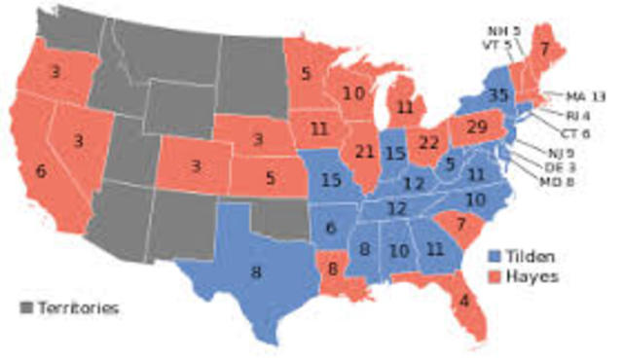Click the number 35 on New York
click(x=499, y=96)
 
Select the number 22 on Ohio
click(x=427, y=142)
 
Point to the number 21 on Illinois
click(x=366, y=152)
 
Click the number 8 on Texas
click(x=256, y=272)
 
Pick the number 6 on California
click(x=41, y=170)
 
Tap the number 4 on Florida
click(x=463, y=301)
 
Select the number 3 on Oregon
click(x=57, y=73)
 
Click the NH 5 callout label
click(x=503, y=30)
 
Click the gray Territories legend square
click(x=26, y=307)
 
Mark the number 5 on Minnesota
click(x=306, y=71)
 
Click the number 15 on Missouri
click(x=331, y=181)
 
